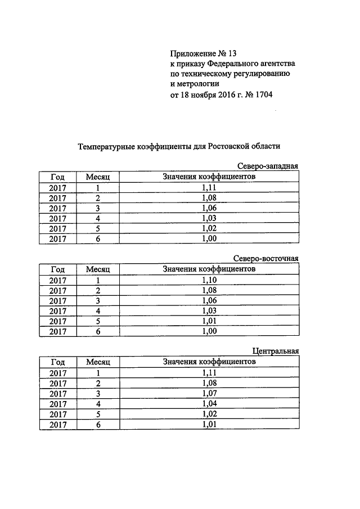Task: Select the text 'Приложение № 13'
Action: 202,54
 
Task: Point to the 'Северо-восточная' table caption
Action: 265,259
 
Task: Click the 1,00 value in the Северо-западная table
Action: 209,239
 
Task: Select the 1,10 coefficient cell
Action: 209,280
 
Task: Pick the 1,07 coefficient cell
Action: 209,393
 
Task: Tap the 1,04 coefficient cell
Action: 209,404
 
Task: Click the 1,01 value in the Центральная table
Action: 209,424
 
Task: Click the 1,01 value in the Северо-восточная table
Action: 209,321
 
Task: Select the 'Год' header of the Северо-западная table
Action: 57,177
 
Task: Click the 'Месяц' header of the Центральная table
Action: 97,362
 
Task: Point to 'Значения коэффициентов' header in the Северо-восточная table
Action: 209,269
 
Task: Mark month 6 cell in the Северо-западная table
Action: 97,239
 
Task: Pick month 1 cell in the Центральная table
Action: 97,373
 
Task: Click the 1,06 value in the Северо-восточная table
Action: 209,300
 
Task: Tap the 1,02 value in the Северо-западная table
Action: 209,228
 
